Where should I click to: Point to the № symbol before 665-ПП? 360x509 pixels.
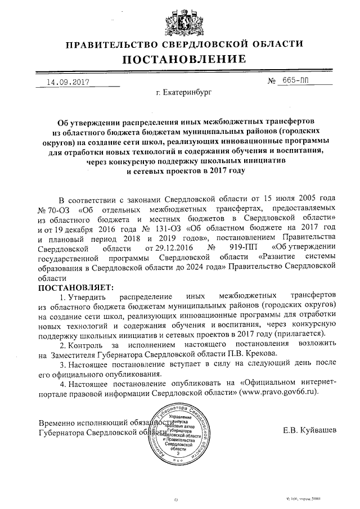[274, 82]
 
